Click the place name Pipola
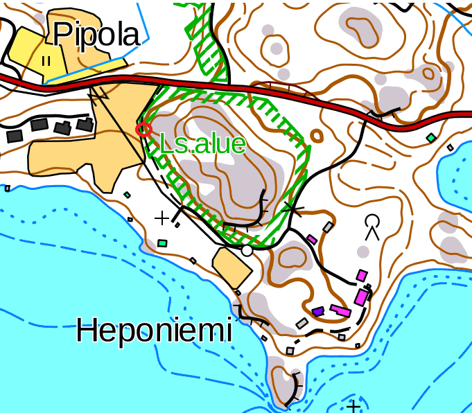(x=96, y=34)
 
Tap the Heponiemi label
(x=153, y=330)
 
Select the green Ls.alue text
(x=202, y=144)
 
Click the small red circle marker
(x=143, y=129)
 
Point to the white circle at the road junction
(x=246, y=250)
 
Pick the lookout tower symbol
(x=373, y=225)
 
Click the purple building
(x=318, y=312)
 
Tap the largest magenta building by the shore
(x=361, y=297)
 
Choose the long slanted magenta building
(x=340, y=310)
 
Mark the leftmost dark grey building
(x=15, y=135)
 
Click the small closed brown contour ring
(x=317, y=135)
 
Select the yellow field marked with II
(x=35, y=53)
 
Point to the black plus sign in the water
(x=354, y=406)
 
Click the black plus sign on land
(x=161, y=219)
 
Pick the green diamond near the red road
(x=431, y=139)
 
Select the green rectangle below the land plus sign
(x=163, y=243)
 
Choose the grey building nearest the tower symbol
(x=328, y=227)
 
